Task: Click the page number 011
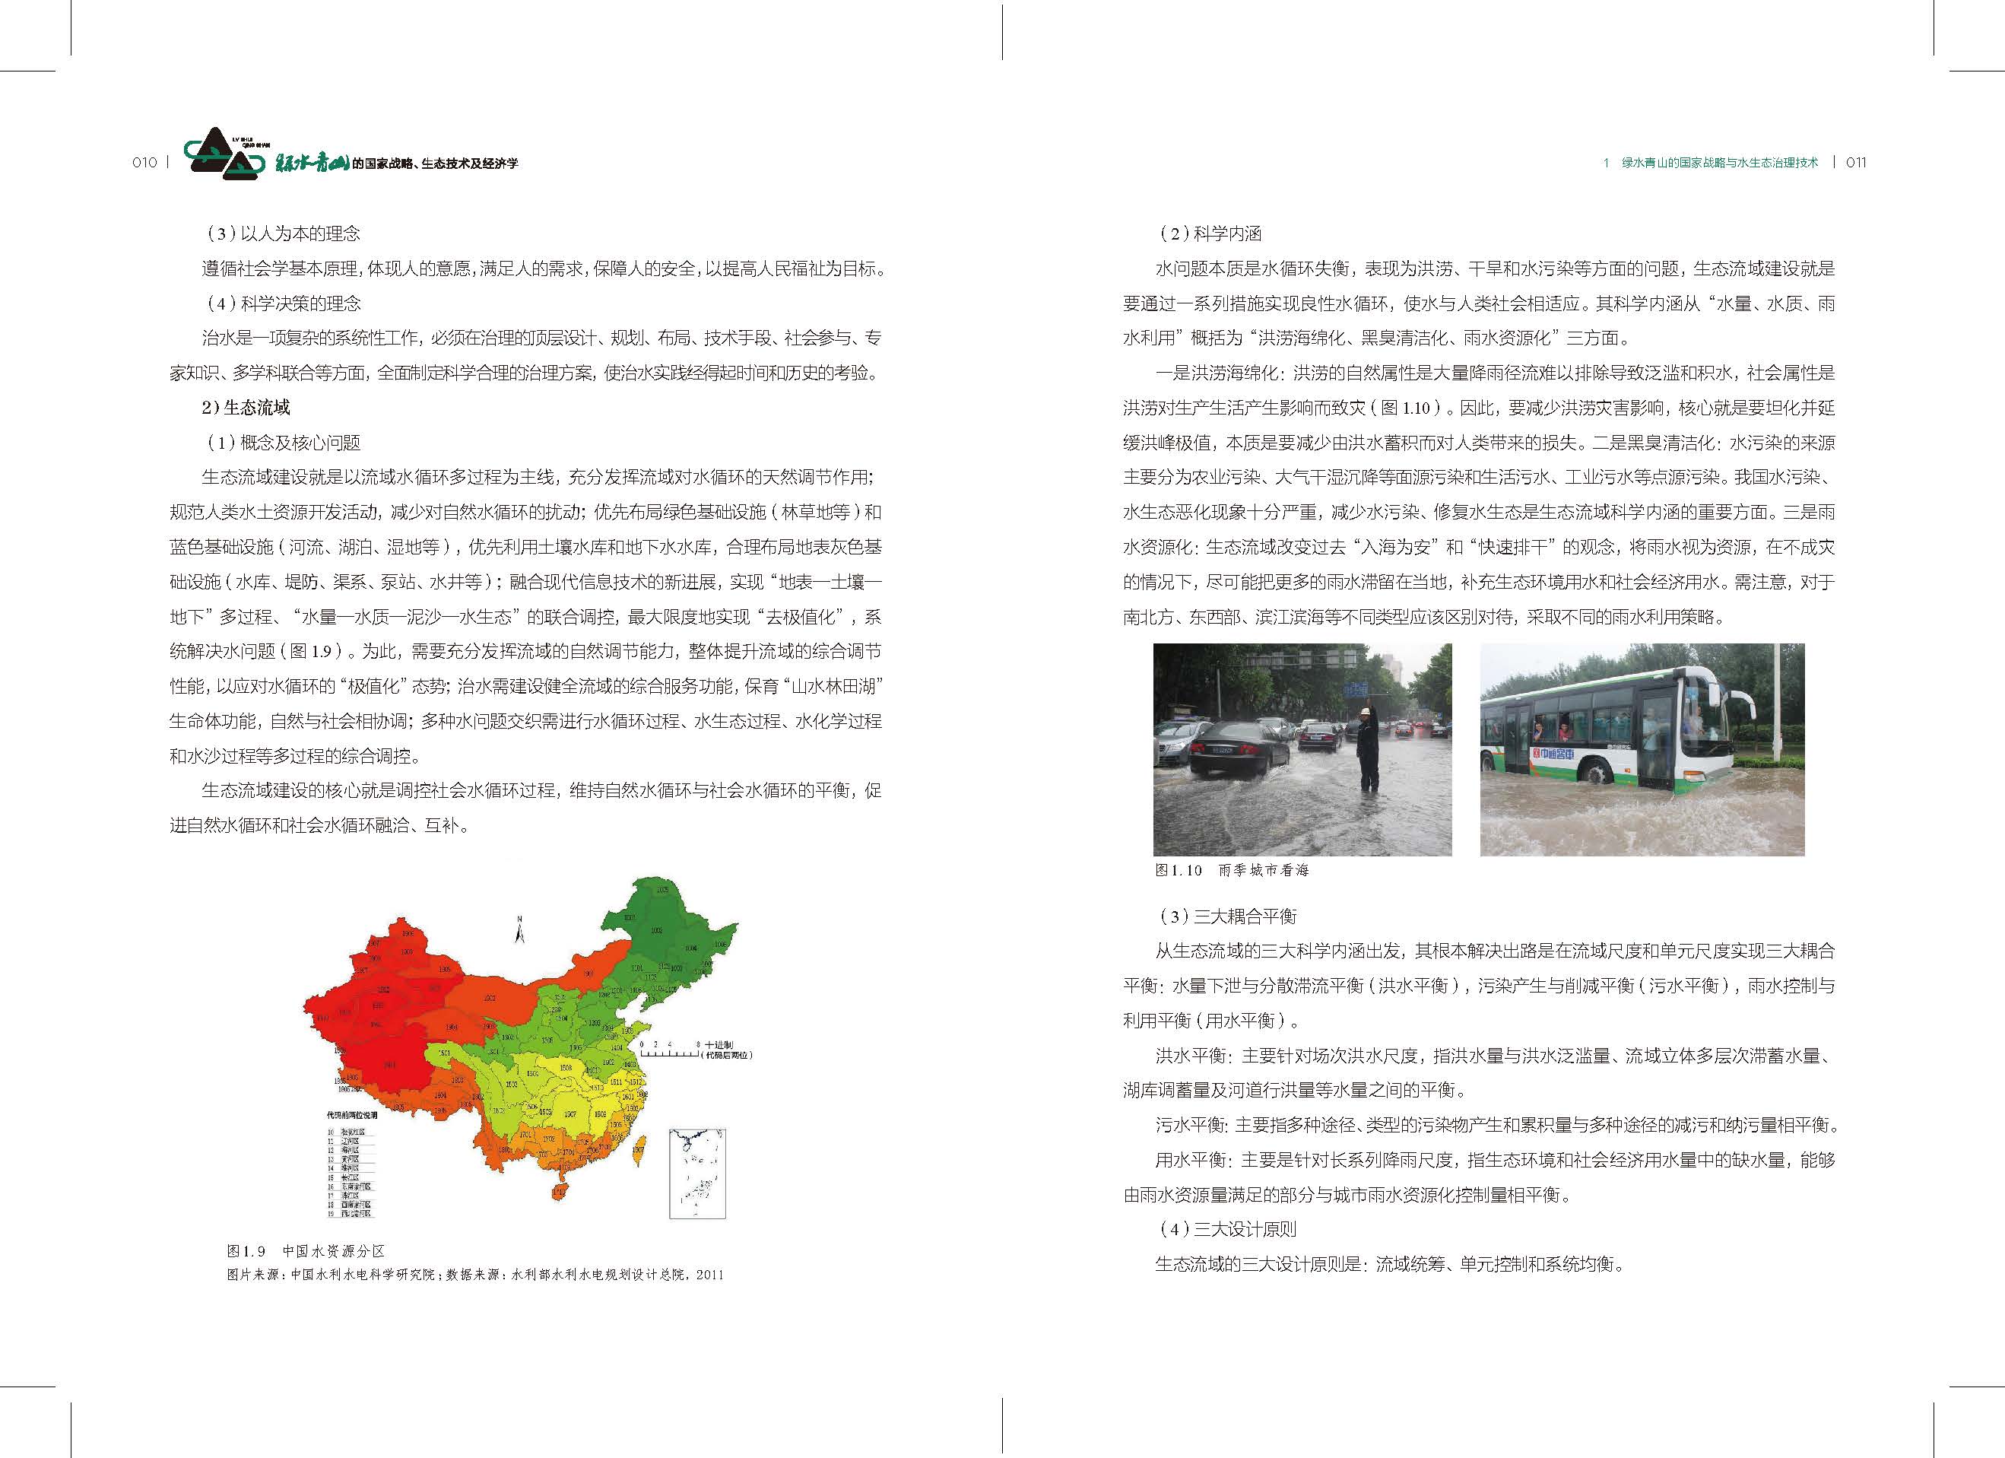coord(1856,163)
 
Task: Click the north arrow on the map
coord(521,929)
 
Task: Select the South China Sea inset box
coord(696,1174)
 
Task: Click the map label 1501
coord(445,1053)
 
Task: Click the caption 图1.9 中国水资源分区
coord(305,1251)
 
